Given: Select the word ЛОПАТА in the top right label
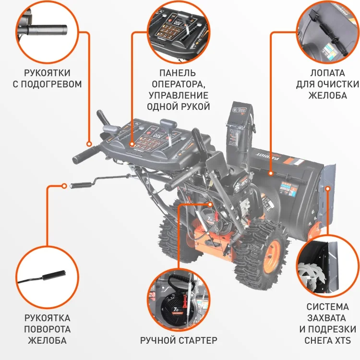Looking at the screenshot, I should tap(327, 73).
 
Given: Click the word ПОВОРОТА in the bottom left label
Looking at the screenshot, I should tap(47, 329).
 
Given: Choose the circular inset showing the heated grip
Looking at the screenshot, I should tap(47, 28).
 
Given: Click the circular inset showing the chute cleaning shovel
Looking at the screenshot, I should tap(327, 30).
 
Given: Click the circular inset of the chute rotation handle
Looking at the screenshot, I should tap(47, 278).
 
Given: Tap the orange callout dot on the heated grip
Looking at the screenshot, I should tap(89, 144).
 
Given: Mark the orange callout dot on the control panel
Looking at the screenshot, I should tap(133, 144).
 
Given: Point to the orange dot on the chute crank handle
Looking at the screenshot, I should tap(65, 185).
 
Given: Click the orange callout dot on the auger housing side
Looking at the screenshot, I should tap(328, 188).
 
